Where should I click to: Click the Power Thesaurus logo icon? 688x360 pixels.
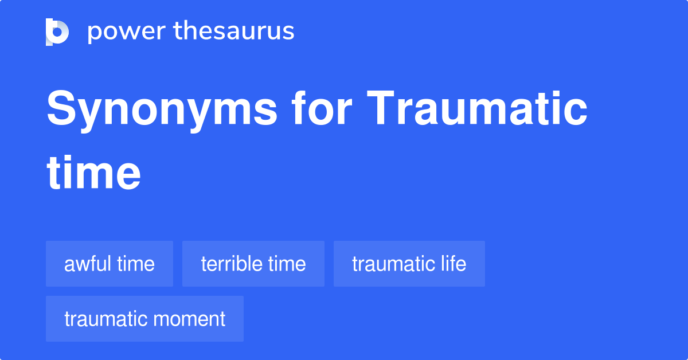tap(57, 32)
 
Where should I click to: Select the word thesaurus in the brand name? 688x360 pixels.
tap(234, 32)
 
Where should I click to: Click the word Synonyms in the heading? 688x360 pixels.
tap(162, 109)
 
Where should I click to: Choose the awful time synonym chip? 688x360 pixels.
tap(110, 264)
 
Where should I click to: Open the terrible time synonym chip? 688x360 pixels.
tap(253, 264)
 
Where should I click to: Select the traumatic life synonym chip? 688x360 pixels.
tap(409, 264)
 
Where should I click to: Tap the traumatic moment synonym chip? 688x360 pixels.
tap(144, 319)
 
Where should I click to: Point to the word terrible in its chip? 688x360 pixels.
tap(232, 264)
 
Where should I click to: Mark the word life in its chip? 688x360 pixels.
tap(453, 264)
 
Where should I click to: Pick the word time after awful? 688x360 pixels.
tap(136, 264)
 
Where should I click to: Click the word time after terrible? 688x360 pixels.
tap(287, 264)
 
